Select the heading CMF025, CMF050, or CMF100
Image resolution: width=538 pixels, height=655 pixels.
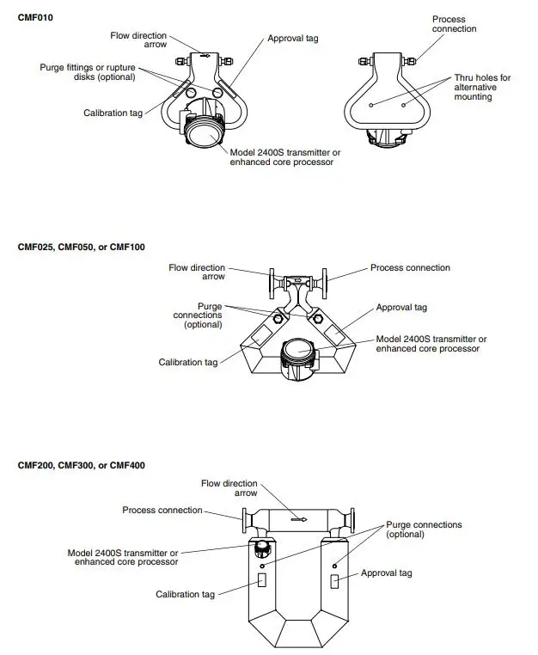coord(82,247)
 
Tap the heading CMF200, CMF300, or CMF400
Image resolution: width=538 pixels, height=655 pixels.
coord(82,465)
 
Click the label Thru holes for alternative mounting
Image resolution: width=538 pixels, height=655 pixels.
coord(481,88)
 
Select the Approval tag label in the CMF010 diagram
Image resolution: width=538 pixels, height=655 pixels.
coord(292,39)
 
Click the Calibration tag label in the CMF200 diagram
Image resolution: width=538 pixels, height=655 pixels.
coord(185,594)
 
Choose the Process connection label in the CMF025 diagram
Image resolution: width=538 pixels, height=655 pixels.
coord(410,267)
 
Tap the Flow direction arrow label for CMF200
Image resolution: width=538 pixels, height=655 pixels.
coord(229,488)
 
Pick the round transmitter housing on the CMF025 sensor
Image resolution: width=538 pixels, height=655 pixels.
coord(297,352)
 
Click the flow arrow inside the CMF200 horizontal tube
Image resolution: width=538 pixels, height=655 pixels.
coord(298,519)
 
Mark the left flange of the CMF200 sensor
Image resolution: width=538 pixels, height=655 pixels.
coord(246,519)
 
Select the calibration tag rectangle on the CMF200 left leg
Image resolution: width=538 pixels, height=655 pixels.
coord(262,581)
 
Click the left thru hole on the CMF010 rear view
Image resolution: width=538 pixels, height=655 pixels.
coord(370,104)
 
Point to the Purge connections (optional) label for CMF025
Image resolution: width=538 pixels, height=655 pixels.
coord(197,315)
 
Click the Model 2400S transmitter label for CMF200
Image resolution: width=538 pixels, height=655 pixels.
coord(123,557)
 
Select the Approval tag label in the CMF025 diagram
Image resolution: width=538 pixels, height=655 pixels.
coord(401,307)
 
